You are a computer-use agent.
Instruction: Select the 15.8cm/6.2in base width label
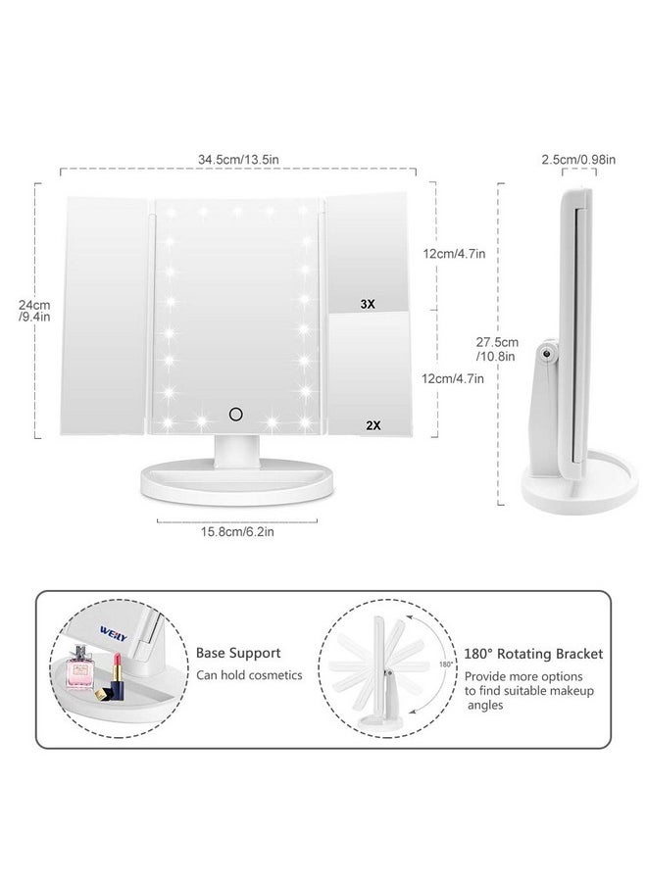[236, 533]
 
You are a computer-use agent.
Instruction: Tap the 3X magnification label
[368, 305]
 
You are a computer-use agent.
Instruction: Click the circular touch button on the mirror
[235, 415]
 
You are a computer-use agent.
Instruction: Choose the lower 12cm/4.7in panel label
[452, 377]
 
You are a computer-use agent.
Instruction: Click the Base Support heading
[238, 652]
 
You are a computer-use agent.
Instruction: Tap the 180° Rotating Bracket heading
[533, 653]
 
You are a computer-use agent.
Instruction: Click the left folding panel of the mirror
[103, 314]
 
